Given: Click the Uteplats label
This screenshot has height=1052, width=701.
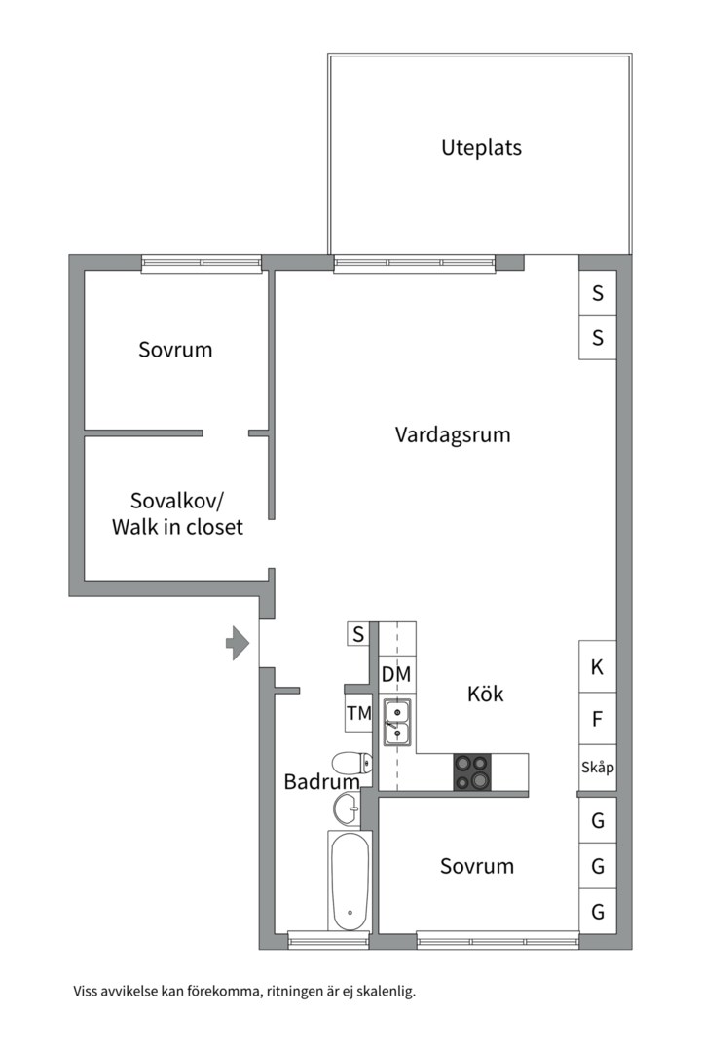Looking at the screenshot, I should pyautogui.click(x=481, y=148).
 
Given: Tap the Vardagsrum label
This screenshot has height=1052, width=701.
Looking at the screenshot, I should pyautogui.click(x=452, y=434).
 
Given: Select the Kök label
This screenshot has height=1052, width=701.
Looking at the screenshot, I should pyautogui.click(x=485, y=695).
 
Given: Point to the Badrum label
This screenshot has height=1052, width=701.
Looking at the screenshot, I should pyautogui.click(x=320, y=781).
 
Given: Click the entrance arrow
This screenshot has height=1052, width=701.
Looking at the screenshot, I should pyautogui.click(x=237, y=642).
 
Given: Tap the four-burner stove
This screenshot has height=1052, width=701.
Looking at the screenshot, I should pyautogui.click(x=472, y=771).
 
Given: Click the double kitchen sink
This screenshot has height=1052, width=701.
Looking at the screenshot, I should pyautogui.click(x=397, y=723).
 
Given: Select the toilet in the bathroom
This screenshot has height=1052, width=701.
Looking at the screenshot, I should pyautogui.click(x=346, y=763).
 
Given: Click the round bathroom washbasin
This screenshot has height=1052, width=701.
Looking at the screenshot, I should pyautogui.click(x=347, y=808).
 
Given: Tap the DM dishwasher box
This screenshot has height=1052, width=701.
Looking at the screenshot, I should pyautogui.click(x=395, y=674).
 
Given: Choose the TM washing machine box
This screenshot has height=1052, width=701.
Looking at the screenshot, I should pyautogui.click(x=359, y=713).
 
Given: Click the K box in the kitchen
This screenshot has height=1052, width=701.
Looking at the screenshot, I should pyautogui.click(x=597, y=667).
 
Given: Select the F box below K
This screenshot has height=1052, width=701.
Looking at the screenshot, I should pyautogui.click(x=597, y=720).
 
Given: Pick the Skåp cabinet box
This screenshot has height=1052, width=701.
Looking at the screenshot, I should pyautogui.click(x=597, y=768).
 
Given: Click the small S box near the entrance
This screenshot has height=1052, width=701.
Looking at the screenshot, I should pyautogui.click(x=358, y=634).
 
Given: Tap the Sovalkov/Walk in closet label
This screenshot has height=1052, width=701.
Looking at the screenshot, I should pyautogui.click(x=177, y=514).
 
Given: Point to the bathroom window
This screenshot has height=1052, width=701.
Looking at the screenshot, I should pyautogui.click(x=328, y=940).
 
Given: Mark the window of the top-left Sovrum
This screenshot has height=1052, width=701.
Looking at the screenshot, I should pyautogui.click(x=202, y=263).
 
